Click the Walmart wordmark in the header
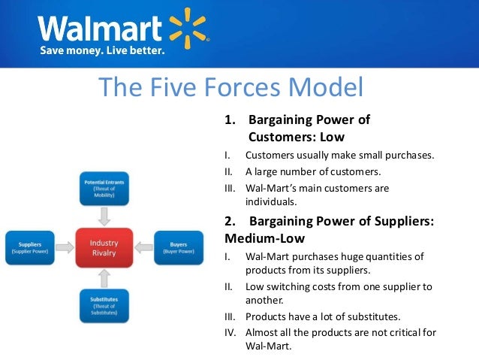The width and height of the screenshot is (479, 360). (101, 29)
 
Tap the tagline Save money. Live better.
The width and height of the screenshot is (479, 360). (101, 51)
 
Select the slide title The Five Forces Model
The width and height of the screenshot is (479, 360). (231, 88)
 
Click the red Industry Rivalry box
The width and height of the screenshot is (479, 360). (104, 247)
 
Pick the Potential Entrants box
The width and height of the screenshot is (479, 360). (104, 189)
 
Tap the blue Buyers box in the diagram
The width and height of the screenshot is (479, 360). (179, 247)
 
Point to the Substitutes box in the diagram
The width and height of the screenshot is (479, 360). (104, 308)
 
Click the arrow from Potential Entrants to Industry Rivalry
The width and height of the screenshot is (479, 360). (104, 217)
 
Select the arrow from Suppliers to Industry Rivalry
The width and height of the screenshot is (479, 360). (66, 247)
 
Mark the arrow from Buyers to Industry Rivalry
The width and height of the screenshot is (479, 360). (143, 247)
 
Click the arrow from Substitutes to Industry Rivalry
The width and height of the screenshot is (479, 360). (104, 278)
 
